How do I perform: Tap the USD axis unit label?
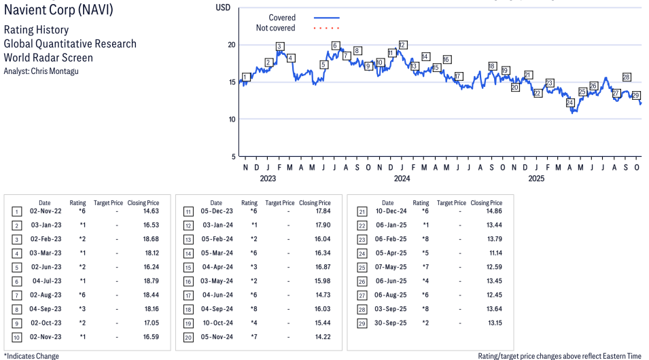(x=223, y=7)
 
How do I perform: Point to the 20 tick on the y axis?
(x=231, y=45)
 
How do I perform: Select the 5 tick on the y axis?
(x=233, y=156)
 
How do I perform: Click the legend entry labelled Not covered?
(x=275, y=29)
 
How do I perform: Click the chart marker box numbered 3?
(x=279, y=46)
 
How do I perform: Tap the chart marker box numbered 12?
(x=402, y=45)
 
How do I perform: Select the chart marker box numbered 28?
(x=627, y=77)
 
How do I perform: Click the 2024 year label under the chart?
(x=402, y=179)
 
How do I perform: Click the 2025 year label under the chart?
(x=537, y=179)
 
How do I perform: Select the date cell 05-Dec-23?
(x=216, y=212)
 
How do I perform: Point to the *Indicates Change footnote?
(x=31, y=356)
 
